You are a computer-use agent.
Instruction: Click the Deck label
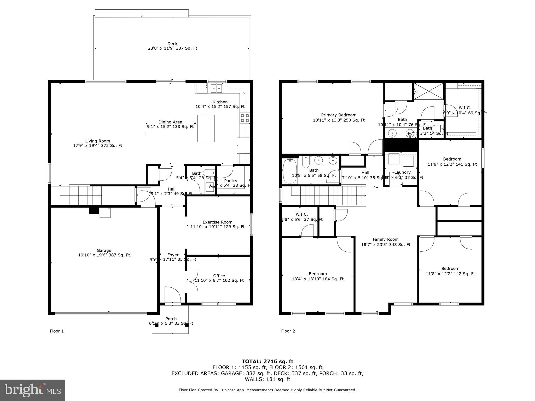[x=172, y=44]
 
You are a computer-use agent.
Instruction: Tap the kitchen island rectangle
[x=206, y=128]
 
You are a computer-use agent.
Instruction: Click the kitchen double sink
[x=217, y=88]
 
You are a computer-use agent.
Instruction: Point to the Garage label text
[x=104, y=251]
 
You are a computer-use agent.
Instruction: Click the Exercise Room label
[x=217, y=222]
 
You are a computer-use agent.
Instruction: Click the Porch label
[x=171, y=319]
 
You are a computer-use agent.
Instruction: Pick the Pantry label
[x=231, y=181]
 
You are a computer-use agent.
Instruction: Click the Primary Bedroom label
[x=339, y=115]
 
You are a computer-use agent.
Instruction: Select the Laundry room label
[x=402, y=172]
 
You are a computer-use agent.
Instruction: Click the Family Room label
[x=386, y=239]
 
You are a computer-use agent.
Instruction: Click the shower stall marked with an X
[x=429, y=91]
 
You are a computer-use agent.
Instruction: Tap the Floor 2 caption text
[x=288, y=331]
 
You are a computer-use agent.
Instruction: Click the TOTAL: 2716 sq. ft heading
[x=267, y=362]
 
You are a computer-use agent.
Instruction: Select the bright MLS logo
[x=33, y=390]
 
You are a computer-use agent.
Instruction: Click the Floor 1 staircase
[x=85, y=195]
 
